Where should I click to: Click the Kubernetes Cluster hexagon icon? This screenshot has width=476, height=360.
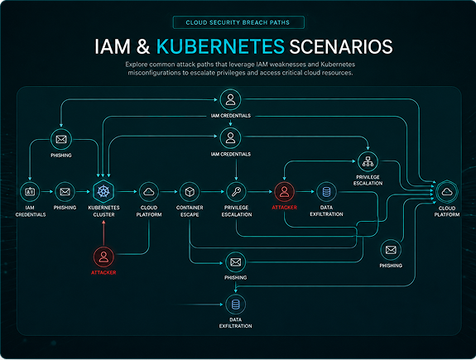tap(103, 191)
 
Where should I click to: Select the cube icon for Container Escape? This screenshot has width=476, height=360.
tap(190, 192)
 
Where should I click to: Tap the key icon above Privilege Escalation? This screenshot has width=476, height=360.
tap(236, 192)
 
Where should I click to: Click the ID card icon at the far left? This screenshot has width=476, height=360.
tap(30, 192)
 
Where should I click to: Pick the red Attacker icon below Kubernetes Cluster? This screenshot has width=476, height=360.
tap(103, 257)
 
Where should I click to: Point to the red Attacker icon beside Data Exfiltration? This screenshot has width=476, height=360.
tap(284, 192)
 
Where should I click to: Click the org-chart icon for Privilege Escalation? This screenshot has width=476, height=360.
tap(368, 161)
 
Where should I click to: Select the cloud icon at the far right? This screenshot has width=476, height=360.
tap(447, 192)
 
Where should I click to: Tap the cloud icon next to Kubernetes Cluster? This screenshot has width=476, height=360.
tap(149, 192)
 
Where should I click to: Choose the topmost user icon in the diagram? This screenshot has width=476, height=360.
tap(230, 99)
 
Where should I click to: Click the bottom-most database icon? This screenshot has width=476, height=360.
tap(236, 305)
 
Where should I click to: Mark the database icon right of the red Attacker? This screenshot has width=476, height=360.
tap(326, 192)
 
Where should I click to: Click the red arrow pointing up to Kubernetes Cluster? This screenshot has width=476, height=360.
tap(103, 233)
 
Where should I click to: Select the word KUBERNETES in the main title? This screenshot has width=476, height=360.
tap(220, 46)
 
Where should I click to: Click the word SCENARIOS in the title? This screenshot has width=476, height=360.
tap(341, 46)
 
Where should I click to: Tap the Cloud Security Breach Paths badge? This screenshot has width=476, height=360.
tap(238, 22)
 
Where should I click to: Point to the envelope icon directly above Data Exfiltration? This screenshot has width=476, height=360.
tap(236, 262)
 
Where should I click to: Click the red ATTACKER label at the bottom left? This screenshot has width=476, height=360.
tap(103, 272)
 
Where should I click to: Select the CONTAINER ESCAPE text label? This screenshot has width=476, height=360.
tap(190, 211)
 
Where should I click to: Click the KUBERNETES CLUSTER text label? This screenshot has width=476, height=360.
tap(103, 211)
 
